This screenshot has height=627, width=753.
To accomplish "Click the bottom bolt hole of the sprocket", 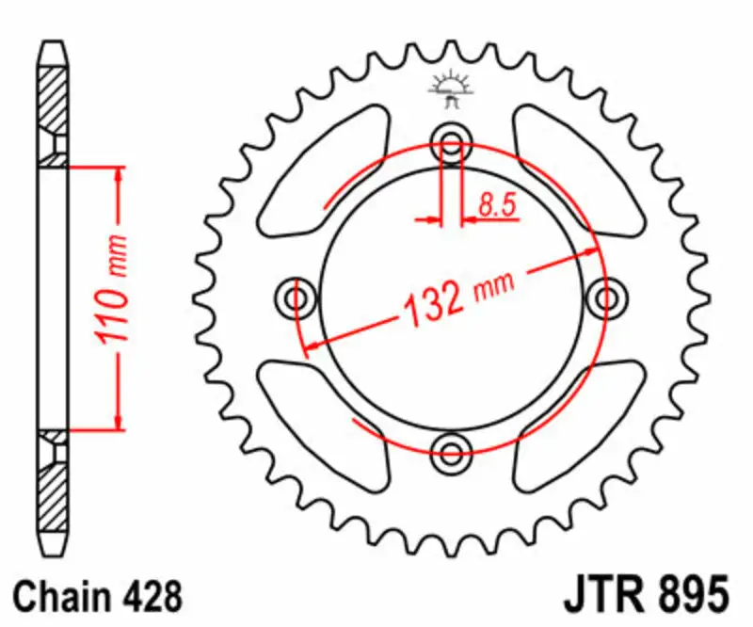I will [451, 447].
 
